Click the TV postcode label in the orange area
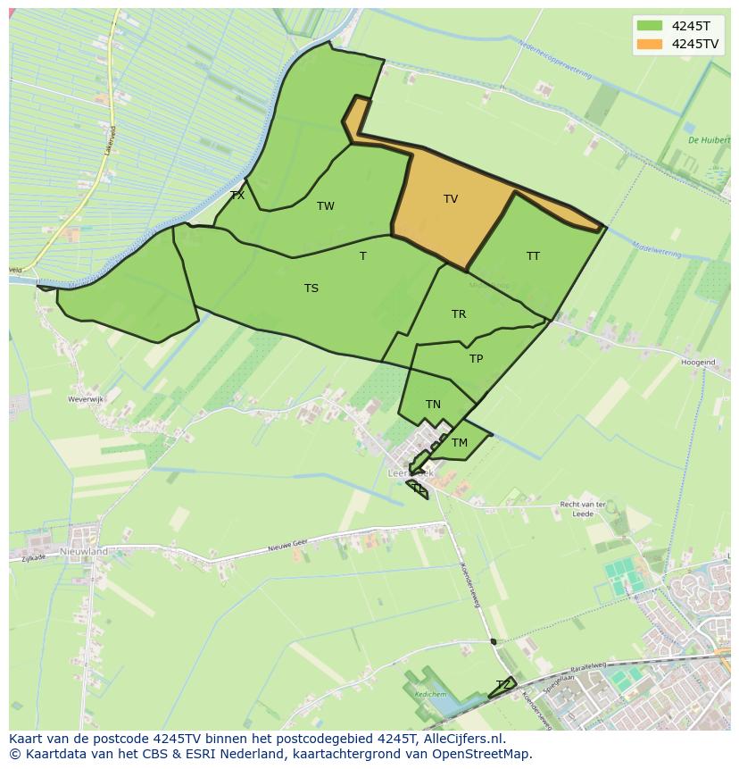[451, 199]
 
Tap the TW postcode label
[326, 206]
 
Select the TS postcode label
[311, 288]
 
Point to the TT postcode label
[533, 256]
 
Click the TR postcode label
[459, 314]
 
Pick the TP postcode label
[476, 359]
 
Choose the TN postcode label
[433, 405]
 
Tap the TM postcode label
[460, 443]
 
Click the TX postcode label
[237, 196]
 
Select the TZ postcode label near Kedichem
[503, 685]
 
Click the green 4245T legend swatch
[650, 26]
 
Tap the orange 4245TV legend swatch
[650, 44]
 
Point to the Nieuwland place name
[84, 552]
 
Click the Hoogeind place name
[698, 363]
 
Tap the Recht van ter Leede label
[583, 509]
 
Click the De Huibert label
[709, 140]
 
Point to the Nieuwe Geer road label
[287, 546]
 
